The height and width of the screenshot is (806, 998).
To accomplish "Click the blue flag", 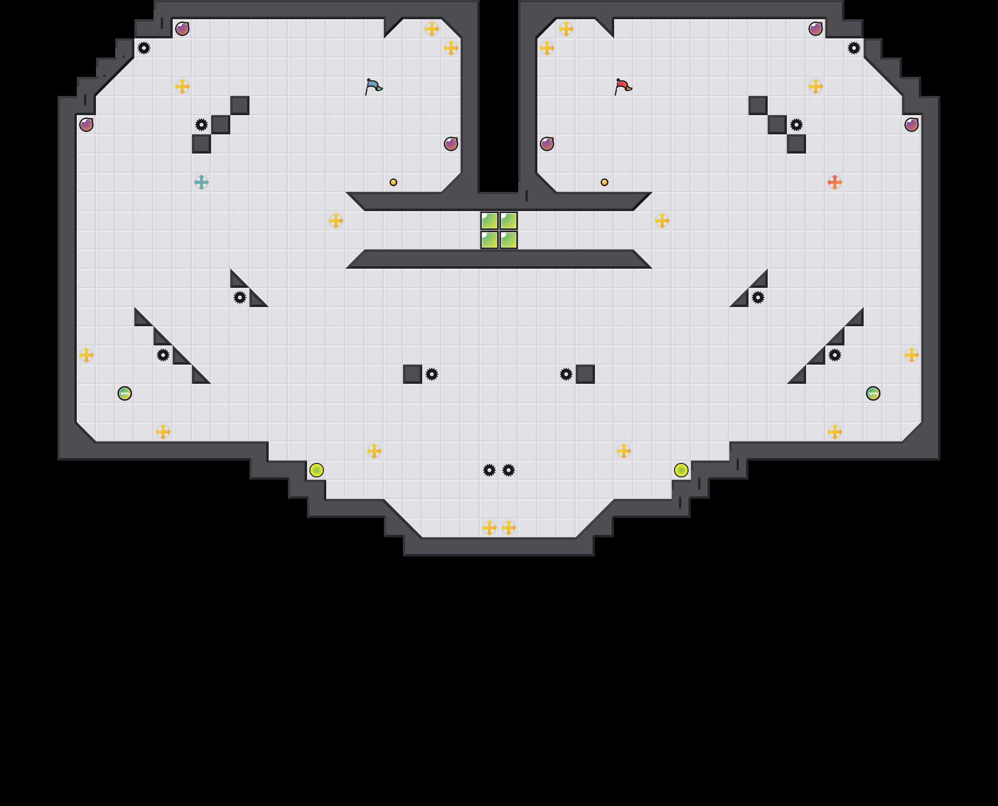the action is (x=373, y=87).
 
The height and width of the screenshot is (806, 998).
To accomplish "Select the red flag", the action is (x=623, y=87).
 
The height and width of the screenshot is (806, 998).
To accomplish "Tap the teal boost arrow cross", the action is (x=202, y=182).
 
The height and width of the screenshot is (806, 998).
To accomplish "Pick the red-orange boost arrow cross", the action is (x=835, y=182).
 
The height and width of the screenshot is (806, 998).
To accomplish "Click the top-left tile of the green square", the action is (x=489, y=221).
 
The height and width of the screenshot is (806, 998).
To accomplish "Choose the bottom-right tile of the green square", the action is (x=509, y=240).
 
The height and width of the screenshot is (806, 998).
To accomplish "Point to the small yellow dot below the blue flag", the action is (x=393, y=182).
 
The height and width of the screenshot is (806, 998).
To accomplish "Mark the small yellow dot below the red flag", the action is (x=605, y=182).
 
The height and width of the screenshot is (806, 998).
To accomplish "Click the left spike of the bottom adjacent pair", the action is (x=489, y=470).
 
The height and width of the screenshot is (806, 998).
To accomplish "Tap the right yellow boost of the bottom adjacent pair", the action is (x=509, y=528).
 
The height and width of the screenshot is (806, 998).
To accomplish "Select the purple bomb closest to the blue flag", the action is (x=451, y=144).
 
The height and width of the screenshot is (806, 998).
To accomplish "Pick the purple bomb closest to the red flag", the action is (x=547, y=144).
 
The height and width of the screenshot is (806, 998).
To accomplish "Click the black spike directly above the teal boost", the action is (x=202, y=125).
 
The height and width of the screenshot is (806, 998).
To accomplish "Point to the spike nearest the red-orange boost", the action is (x=796, y=125).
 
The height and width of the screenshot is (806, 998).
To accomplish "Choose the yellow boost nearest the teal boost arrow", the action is (x=182, y=86).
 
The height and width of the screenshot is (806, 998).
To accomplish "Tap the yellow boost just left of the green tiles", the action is (x=336, y=221).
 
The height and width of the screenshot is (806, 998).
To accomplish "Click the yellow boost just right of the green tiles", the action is (x=662, y=221).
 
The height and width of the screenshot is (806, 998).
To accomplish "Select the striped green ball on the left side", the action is (x=125, y=393).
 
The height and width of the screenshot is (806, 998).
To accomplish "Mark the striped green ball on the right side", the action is (x=873, y=393).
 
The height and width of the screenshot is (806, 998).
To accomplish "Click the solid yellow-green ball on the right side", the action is (x=681, y=470).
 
